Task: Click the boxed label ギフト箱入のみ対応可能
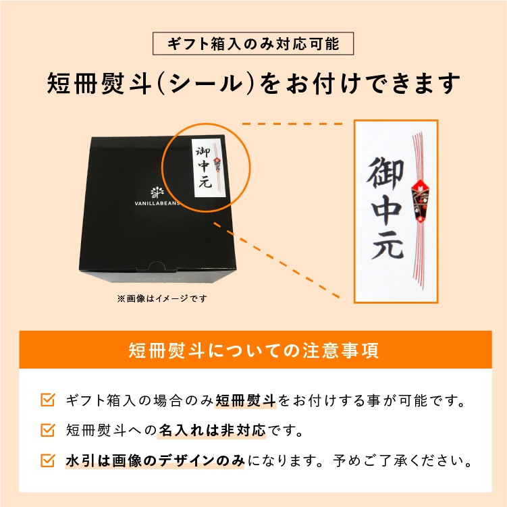pos(253,44)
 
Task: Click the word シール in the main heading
pos(206,84)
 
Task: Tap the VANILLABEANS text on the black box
pos(157,203)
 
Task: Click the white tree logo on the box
pos(157,192)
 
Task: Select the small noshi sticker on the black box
pos(208,168)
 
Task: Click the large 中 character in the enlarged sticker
pos(387,211)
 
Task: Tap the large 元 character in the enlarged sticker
pos(387,246)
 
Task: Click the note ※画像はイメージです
pos(162,298)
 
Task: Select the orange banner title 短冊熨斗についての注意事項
pos(254,350)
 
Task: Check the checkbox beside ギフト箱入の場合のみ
pos(48,400)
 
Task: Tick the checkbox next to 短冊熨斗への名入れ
pos(48,430)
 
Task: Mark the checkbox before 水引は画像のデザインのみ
pos(48,460)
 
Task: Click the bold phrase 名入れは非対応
pos(212,430)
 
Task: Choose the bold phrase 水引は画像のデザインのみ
pos(155,460)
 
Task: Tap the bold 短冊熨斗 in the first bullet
pos(246,400)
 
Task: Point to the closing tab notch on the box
pos(157,266)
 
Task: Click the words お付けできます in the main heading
pos(372,84)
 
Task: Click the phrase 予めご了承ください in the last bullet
pos(399,460)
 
